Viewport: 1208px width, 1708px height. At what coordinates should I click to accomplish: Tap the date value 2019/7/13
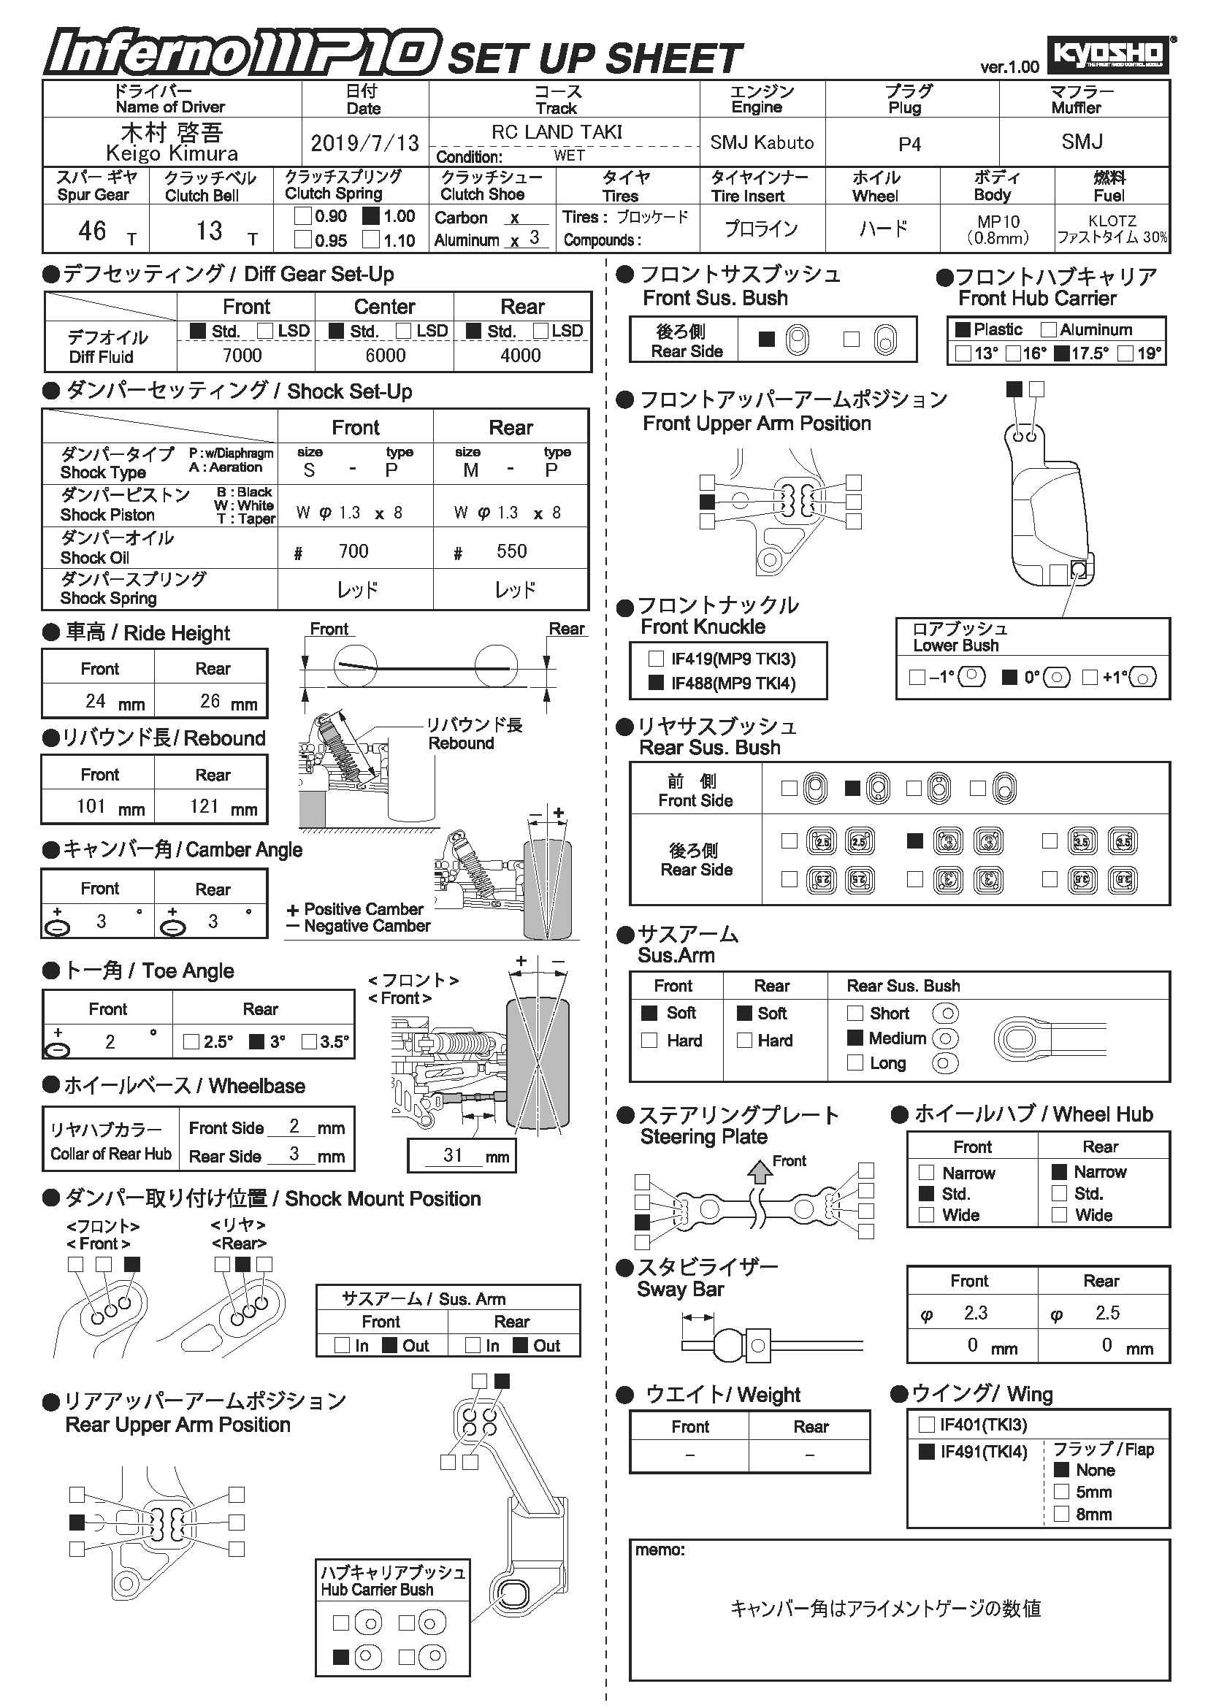point(364,143)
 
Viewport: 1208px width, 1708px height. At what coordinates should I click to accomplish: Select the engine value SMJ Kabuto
point(762,142)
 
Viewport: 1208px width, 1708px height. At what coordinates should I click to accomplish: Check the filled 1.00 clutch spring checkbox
point(371,216)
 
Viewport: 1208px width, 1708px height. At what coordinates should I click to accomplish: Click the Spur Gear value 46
point(92,231)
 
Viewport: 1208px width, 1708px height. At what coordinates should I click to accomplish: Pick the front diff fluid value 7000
point(242,356)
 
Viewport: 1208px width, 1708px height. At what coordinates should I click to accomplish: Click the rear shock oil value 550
point(512,551)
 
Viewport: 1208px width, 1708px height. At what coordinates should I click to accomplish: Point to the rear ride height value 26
point(210,701)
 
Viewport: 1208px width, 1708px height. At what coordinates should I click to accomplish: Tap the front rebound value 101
point(91,806)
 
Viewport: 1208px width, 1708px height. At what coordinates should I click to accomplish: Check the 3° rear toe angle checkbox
point(256,1041)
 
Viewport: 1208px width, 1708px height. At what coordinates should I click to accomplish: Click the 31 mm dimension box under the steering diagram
point(461,1155)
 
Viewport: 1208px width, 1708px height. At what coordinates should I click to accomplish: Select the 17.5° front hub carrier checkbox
point(1062,353)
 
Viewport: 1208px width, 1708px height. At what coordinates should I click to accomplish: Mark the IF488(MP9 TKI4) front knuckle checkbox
point(656,683)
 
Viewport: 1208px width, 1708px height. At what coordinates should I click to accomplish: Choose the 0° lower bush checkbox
point(1009,677)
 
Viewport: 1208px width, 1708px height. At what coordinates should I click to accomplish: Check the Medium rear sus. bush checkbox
point(855,1038)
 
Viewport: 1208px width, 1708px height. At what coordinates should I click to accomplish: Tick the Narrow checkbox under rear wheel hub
point(1059,1171)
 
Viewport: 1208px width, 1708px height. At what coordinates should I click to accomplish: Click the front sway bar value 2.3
point(975,1313)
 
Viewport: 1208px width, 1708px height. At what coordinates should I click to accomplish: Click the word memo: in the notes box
point(660,1550)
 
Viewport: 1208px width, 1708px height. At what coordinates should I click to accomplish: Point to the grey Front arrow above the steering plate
point(760,1171)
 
